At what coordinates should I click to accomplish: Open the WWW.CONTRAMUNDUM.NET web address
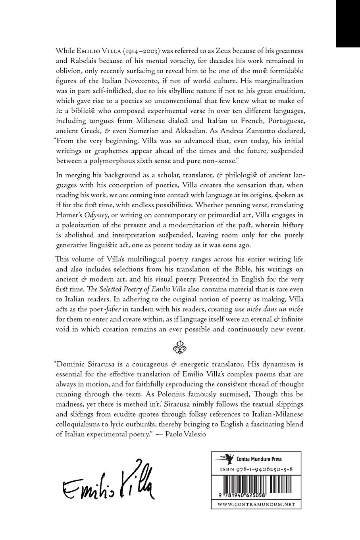click(256, 504)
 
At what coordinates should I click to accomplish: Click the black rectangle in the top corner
click(348, 23)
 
